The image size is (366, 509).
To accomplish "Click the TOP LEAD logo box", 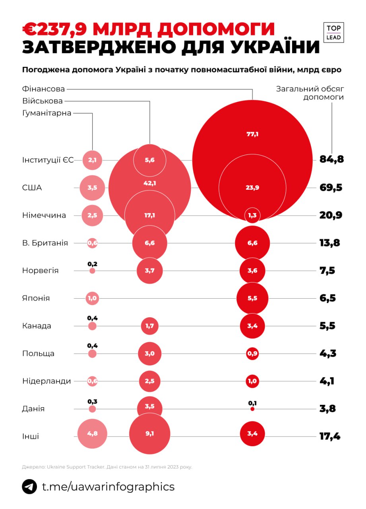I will [x=333, y=33].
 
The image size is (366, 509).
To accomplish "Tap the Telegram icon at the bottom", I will [x=29, y=487].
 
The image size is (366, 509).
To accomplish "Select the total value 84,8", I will [x=331, y=160].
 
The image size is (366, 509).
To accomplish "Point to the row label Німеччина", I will [x=44, y=215].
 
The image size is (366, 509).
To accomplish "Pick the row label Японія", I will [x=36, y=298].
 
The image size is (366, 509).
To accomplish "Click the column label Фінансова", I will [x=43, y=89].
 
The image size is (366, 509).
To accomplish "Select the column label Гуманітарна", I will [x=47, y=113].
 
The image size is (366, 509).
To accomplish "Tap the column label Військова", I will [x=43, y=101].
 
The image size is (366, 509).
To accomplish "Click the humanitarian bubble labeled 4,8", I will [x=92, y=434].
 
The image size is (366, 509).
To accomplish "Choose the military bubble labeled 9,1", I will [x=149, y=434].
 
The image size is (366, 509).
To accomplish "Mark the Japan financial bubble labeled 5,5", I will [x=252, y=298].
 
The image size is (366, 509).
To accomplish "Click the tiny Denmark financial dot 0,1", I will [x=252, y=409].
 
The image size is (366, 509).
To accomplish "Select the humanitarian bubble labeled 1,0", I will [x=92, y=298].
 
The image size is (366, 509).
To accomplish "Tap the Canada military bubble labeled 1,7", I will [x=149, y=326].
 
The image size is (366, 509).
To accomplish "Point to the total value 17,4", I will [x=330, y=437].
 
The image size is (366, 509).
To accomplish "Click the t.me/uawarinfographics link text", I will [x=108, y=487].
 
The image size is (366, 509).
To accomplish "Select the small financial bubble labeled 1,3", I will [x=252, y=215].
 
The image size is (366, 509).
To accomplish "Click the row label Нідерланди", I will [x=46, y=381].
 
